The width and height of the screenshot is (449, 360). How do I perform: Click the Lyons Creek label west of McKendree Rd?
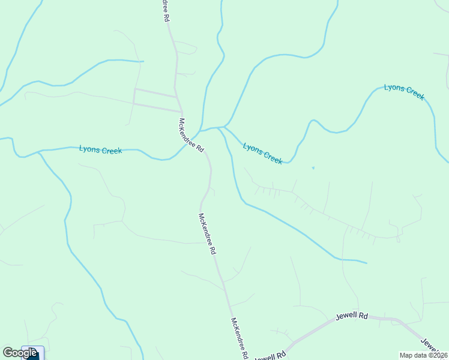(x=100, y=150)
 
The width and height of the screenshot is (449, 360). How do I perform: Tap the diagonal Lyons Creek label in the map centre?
(x=262, y=153)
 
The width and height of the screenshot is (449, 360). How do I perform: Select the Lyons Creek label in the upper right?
(x=404, y=92)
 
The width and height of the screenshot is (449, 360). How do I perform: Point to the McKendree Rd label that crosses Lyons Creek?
(x=191, y=135)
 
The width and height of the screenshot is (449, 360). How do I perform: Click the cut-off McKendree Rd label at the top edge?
(x=165, y=11)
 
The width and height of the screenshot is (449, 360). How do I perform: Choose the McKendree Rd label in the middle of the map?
(x=207, y=234)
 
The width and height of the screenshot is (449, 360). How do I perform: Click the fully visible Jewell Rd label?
(x=352, y=315)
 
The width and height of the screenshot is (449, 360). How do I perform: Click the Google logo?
(x=20, y=353)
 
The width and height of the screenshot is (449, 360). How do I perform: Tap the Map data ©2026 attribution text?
(x=424, y=355)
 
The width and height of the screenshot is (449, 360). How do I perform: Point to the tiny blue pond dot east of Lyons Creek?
(x=313, y=168)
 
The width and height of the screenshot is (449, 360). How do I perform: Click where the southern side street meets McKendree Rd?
(x=182, y=112)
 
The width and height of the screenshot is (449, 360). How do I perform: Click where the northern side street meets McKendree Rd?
(x=176, y=96)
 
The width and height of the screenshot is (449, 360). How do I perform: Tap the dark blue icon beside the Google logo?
(x=32, y=353)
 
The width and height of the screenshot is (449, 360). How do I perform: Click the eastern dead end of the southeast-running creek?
(x=366, y=263)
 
